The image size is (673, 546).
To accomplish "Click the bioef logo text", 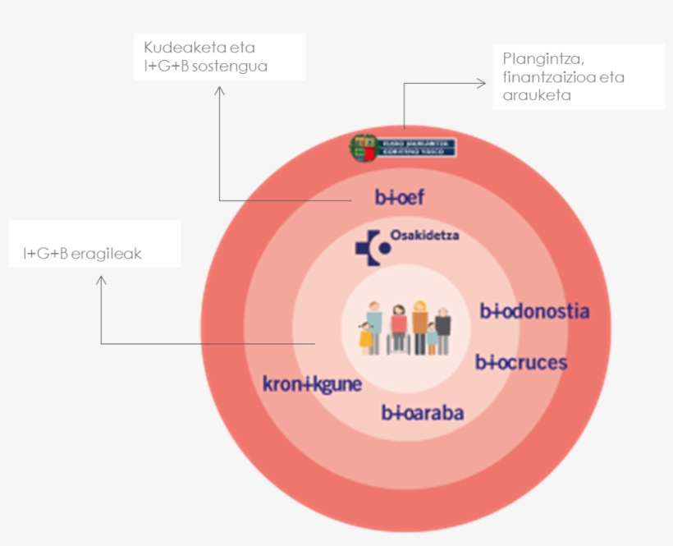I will [x=399, y=198].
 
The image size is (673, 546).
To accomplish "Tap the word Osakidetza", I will [x=424, y=236].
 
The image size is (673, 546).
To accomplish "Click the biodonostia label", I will [x=534, y=311].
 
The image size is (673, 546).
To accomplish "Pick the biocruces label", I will [x=521, y=362].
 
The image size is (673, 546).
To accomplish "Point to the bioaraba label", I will [x=423, y=412].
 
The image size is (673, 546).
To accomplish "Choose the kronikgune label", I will [x=312, y=383].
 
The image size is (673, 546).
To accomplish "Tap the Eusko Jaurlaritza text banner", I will [x=416, y=148].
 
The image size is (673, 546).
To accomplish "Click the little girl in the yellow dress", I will [x=365, y=337].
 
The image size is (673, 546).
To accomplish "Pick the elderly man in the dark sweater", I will [x=443, y=330].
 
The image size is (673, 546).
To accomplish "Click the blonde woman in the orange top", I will [x=419, y=325].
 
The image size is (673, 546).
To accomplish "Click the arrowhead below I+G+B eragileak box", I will [x=101, y=280].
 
